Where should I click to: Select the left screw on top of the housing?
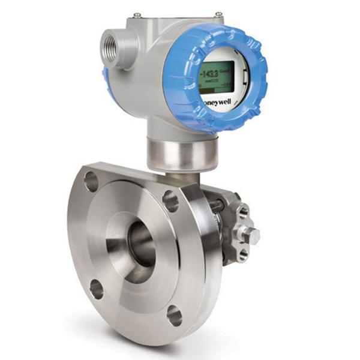coord(137,14)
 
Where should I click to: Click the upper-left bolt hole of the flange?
coord(91,181)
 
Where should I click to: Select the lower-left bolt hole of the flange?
coord(97,289)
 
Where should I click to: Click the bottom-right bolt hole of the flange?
coord(175,316)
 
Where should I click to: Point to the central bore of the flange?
coord(140,243)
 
